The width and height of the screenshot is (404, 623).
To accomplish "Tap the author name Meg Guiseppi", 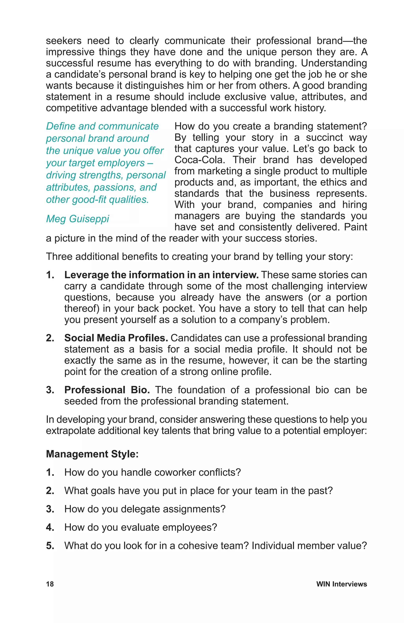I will [x=77, y=219].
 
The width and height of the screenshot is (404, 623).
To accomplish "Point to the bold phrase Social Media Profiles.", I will [x=116, y=338].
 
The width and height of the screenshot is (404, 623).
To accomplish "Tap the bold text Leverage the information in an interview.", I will [x=161, y=275].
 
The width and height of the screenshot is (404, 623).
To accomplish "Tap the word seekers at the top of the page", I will [x=64, y=41].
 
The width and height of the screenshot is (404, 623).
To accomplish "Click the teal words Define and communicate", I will [x=102, y=126].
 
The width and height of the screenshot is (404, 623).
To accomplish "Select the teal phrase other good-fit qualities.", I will [x=97, y=199].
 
